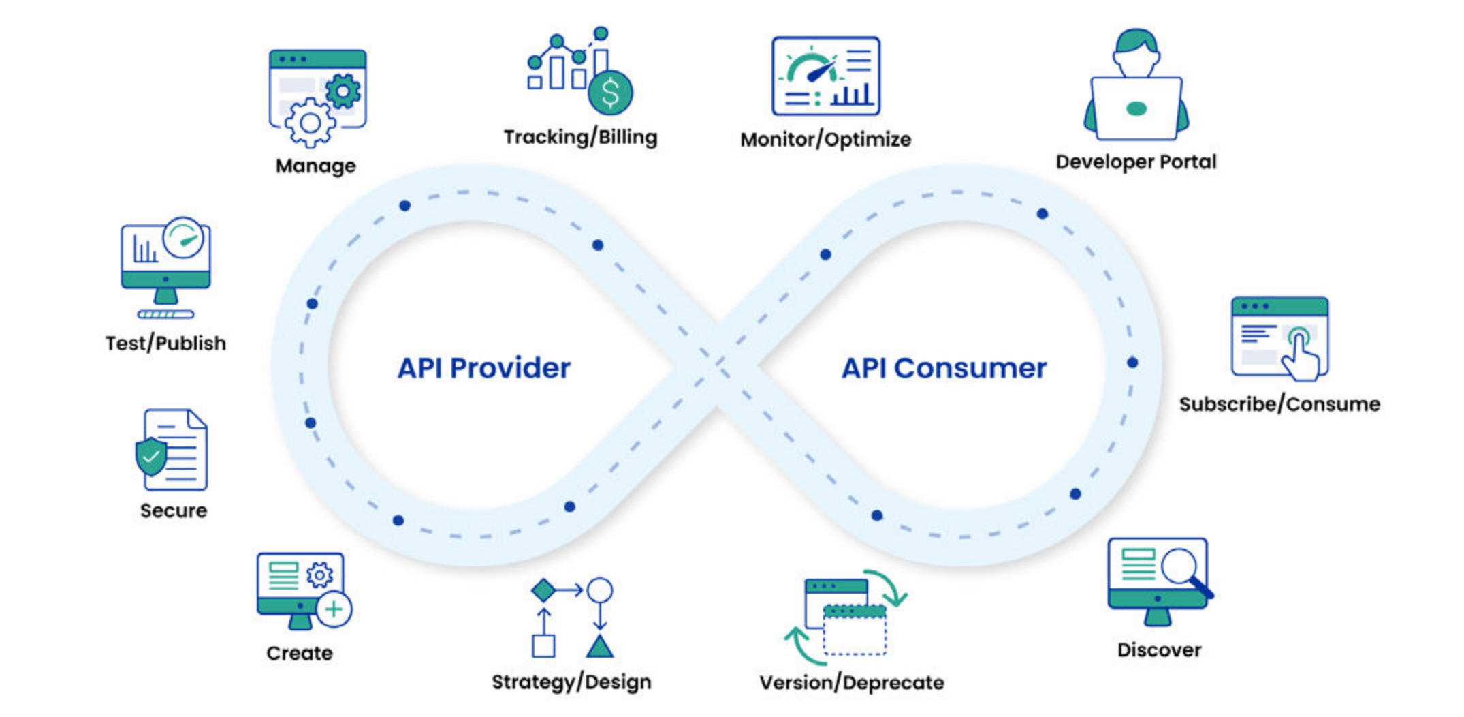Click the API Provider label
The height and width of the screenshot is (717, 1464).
(x=484, y=368)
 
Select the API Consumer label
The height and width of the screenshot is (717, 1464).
(x=944, y=368)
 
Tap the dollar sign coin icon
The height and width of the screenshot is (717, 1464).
(x=611, y=93)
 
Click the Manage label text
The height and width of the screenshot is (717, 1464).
(x=315, y=166)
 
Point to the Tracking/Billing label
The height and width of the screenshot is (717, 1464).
(x=580, y=137)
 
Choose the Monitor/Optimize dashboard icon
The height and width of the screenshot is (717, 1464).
(x=825, y=76)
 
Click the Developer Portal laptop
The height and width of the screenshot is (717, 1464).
(x=1136, y=108)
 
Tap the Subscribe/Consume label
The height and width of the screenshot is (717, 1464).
(x=1279, y=404)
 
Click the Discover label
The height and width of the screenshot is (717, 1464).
(x=1159, y=650)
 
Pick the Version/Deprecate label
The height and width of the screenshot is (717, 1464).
(x=851, y=682)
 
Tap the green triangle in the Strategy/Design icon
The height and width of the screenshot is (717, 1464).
(x=599, y=646)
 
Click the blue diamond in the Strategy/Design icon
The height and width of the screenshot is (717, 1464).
(x=543, y=590)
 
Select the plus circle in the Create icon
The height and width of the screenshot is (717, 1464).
(x=334, y=609)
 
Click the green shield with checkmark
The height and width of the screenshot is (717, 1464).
(x=150, y=457)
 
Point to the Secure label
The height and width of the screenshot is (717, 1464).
(x=174, y=510)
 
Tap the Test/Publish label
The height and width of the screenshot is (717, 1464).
(x=165, y=343)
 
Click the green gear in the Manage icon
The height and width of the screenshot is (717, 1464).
(x=343, y=91)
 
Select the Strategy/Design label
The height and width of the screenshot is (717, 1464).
(x=571, y=682)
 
